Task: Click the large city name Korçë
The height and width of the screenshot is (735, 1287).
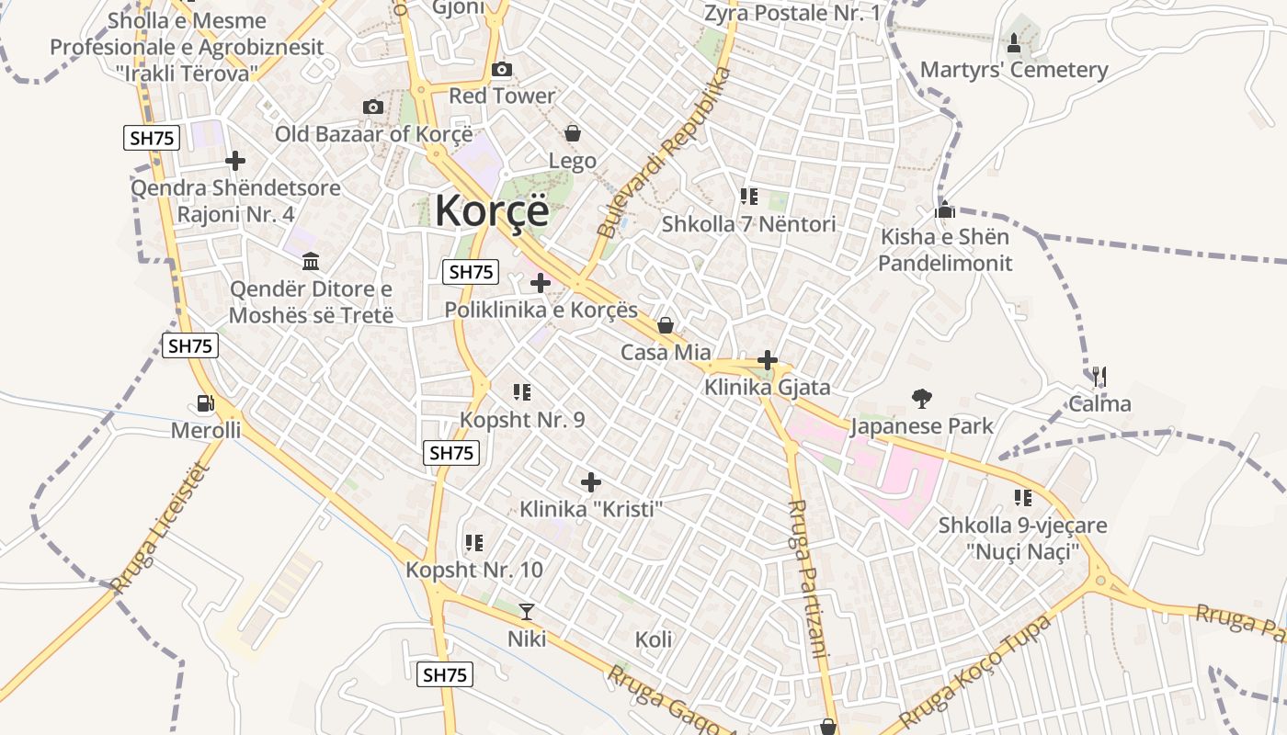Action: (492, 210)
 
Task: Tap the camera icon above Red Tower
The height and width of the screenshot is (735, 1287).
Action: (502, 69)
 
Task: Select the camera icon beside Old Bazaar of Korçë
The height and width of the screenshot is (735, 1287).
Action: (372, 107)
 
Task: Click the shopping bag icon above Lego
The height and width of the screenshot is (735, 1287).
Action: (573, 133)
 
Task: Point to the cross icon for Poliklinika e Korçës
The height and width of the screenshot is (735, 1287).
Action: (541, 282)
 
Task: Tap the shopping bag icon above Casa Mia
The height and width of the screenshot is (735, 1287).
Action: (666, 325)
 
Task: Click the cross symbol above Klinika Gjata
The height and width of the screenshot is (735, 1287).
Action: (768, 360)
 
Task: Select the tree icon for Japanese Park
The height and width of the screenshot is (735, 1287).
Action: (921, 398)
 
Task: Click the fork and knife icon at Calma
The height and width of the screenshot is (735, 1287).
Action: (1099, 376)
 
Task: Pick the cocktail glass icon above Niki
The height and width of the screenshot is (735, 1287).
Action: (527, 611)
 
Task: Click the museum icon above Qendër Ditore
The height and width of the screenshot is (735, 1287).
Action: (311, 262)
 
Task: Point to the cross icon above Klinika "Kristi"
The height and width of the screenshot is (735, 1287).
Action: (591, 481)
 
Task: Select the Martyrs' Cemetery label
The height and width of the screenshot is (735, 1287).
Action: (1014, 70)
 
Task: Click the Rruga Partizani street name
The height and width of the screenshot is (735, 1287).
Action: (809, 579)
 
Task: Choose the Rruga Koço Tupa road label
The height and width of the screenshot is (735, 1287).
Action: (974, 671)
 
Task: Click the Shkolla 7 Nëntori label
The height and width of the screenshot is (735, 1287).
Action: (749, 224)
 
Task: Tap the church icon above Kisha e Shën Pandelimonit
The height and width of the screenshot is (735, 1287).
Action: (945, 210)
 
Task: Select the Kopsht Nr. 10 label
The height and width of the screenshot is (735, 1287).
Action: (474, 570)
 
